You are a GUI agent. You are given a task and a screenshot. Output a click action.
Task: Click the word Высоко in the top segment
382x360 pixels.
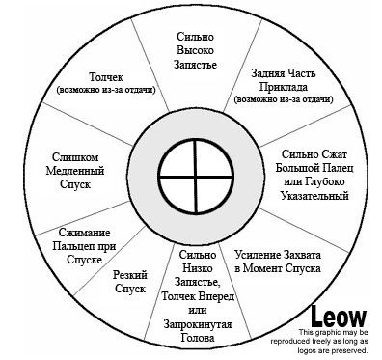[195, 50]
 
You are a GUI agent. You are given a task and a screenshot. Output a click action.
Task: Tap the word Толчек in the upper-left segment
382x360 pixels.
[106, 77]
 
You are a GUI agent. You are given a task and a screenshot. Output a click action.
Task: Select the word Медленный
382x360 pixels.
[75, 171]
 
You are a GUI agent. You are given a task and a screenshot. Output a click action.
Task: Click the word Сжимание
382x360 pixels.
[84, 233]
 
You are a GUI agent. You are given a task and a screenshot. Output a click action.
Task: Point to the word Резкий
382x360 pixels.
[130, 275]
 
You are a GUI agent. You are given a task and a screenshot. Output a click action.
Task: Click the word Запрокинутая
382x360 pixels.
[198, 324]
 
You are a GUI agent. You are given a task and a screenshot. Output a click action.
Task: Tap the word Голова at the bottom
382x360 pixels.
[198, 338]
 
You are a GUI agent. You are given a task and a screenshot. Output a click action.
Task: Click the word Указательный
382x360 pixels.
[314, 195]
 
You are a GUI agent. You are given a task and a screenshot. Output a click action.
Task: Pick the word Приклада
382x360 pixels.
[284, 87]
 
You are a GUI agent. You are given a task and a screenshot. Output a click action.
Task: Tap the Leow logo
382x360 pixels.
[339, 316]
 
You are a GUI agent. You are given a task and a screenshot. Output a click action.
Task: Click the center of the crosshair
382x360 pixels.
[196, 177]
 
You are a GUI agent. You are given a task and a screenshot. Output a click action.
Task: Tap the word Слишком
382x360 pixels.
[75, 157]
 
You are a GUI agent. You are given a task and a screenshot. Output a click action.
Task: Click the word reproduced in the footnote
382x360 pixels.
[288, 341]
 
